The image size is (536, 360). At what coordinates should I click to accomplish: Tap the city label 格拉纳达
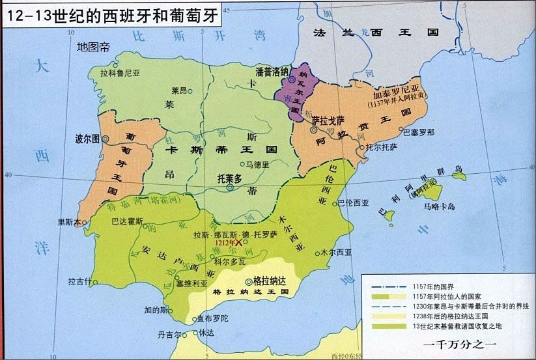(270, 281)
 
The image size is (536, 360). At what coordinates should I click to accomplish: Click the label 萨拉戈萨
(327, 121)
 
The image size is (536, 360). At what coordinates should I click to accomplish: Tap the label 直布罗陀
(212, 319)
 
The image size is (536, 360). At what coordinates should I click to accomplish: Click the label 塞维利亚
(191, 284)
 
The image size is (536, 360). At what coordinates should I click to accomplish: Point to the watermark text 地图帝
(93, 47)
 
